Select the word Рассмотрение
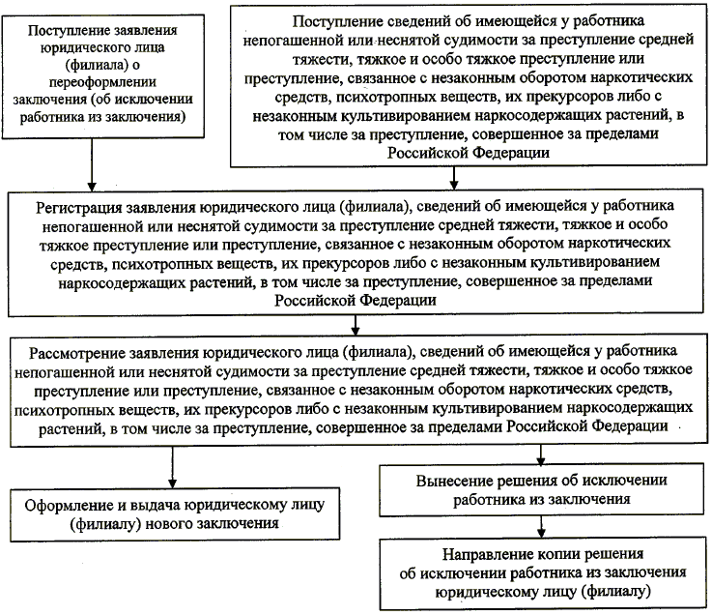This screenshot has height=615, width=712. (83, 349)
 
